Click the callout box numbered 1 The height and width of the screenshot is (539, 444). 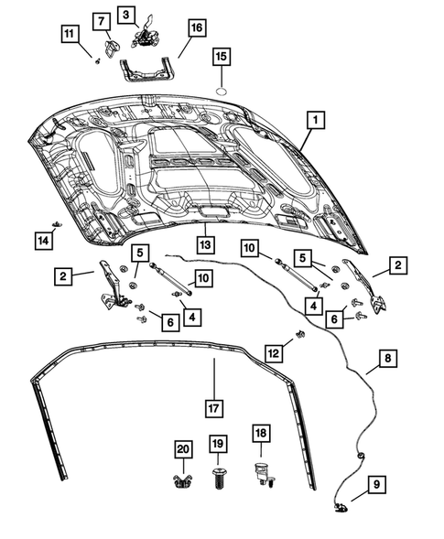click(313, 120)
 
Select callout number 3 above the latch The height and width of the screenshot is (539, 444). click(127, 14)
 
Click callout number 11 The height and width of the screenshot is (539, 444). click(70, 36)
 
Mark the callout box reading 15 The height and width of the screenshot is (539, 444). click(220, 58)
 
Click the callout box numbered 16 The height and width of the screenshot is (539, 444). click(196, 28)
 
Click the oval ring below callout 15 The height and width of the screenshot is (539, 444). click(221, 92)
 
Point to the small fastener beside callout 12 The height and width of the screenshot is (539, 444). click(298, 337)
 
